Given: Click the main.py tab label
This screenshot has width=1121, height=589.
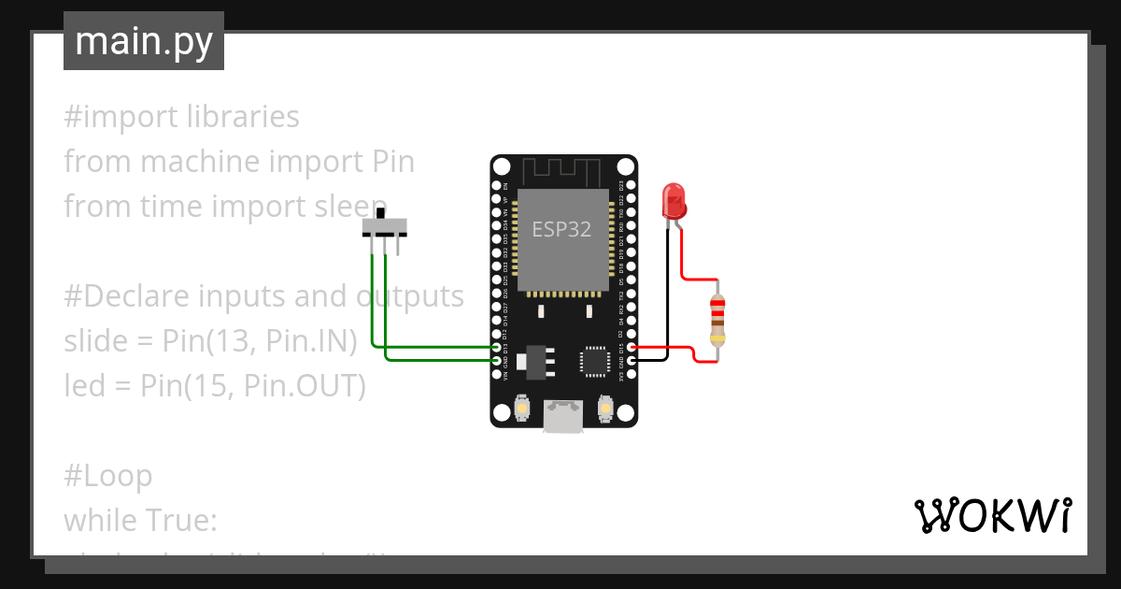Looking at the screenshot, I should [x=143, y=41].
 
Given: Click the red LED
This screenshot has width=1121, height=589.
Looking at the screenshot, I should [x=674, y=199].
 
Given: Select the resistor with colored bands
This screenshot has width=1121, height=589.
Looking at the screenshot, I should [x=717, y=319].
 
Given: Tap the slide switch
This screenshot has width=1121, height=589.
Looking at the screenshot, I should [x=385, y=227].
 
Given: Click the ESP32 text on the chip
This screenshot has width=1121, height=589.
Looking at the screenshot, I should [x=561, y=229].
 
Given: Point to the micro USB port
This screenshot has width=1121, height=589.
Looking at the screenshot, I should [x=563, y=418].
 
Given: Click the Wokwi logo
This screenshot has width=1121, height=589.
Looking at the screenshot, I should [x=991, y=515].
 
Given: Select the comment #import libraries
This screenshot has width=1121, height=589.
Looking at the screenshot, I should [x=181, y=117].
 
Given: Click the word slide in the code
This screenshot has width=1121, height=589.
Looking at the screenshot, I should [x=93, y=341].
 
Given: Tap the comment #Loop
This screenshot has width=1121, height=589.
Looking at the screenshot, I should [x=107, y=476].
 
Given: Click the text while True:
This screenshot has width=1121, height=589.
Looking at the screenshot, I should [x=139, y=520].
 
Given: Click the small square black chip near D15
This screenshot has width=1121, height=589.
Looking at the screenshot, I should [x=595, y=360].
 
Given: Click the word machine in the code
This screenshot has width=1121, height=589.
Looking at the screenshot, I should [x=200, y=162].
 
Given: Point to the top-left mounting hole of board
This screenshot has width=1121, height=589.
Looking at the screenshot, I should [x=502, y=167].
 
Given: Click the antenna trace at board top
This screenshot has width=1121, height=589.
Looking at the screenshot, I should [x=561, y=171].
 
